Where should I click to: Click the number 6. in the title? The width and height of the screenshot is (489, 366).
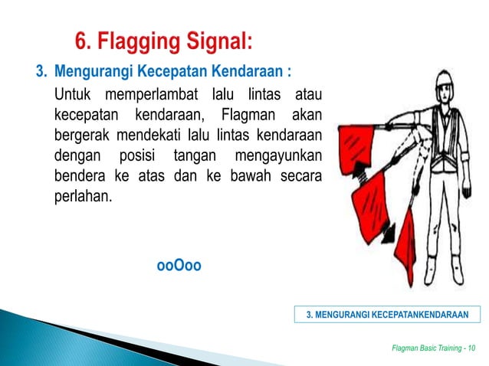point(84,39)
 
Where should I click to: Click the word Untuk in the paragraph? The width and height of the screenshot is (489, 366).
point(72,96)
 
